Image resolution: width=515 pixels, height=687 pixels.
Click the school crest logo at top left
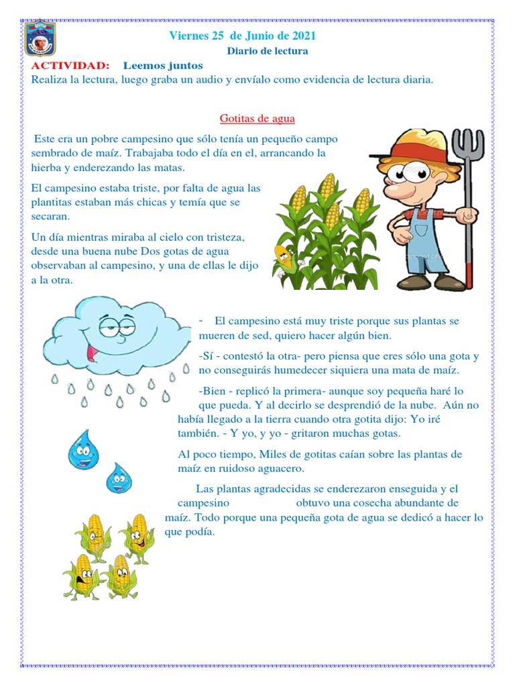(x=40, y=39)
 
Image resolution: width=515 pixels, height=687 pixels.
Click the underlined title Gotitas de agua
(x=257, y=119)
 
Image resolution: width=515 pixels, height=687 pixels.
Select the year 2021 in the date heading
(x=302, y=36)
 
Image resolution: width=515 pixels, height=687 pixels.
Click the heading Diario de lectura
(x=268, y=51)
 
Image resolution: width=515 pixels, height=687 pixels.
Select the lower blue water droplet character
(x=119, y=477)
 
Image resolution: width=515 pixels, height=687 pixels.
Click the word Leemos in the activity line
(x=144, y=65)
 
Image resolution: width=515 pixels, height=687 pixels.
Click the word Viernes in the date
(x=189, y=36)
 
